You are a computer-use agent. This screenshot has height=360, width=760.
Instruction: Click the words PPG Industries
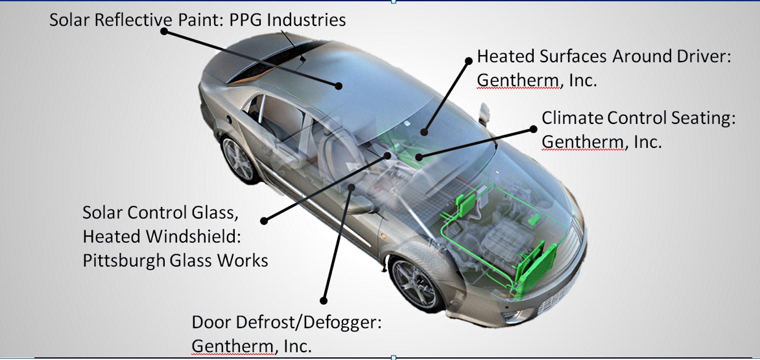tap(287, 21)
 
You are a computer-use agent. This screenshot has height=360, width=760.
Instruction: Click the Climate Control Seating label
tap(638, 118)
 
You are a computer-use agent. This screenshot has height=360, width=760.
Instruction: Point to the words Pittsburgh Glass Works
tap(175, 260)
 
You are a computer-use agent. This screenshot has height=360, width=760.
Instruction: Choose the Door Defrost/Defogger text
tap(287, 322)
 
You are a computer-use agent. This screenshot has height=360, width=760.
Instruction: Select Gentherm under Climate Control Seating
tap(582, 142)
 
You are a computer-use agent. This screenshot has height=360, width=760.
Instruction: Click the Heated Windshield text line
tap(162, 236)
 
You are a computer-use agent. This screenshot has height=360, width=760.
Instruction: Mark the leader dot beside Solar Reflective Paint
tap(164, 32)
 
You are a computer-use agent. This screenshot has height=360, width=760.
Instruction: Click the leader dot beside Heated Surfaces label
tap(469, 60)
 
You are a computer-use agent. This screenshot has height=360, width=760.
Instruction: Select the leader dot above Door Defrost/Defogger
tap(324, 300)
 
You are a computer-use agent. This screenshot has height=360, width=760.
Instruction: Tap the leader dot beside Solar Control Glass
tap(264, 221)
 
